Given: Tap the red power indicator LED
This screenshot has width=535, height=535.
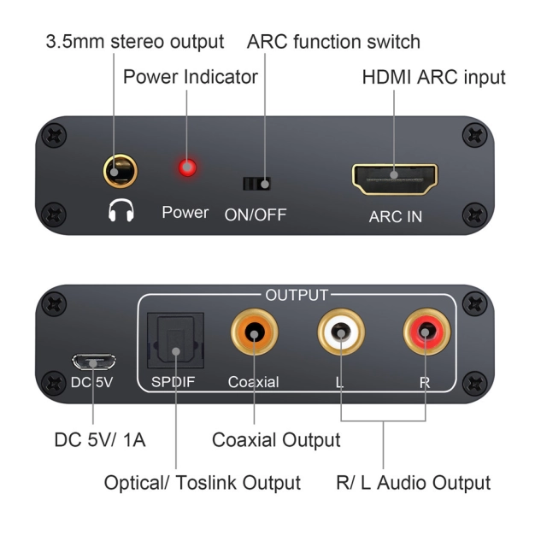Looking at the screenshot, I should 184,168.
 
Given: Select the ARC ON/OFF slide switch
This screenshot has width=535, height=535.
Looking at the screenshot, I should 256,183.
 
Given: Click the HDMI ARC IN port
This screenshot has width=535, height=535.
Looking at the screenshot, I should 394,179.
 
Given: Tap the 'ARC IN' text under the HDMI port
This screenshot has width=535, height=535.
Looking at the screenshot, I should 395,216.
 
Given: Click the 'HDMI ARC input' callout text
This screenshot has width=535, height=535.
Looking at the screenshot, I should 433,78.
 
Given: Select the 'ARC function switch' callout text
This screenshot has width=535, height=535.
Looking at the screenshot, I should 333,41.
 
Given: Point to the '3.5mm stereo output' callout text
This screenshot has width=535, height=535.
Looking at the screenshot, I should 134,41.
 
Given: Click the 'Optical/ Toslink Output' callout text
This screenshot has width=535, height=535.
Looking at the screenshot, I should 203,483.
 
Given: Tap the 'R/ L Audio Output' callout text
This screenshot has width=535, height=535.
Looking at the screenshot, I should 414,483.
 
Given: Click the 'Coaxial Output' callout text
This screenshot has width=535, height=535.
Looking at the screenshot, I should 275,440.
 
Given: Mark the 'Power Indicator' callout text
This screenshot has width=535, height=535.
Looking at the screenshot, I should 191,78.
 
